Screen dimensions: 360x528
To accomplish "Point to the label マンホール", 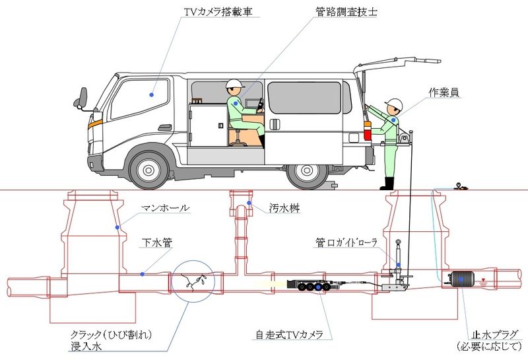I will coord(166,208).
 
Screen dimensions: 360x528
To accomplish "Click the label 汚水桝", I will coord(284,208).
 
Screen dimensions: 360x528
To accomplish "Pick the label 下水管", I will coord(158,242).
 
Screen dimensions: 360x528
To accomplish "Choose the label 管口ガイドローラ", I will coord(346,242).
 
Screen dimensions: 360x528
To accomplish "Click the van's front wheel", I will coord(150,169).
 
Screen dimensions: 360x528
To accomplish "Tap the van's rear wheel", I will coord(308,170).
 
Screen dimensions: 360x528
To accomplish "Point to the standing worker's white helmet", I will coord(394,104).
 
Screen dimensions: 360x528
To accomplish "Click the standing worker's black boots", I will coord(387,183).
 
